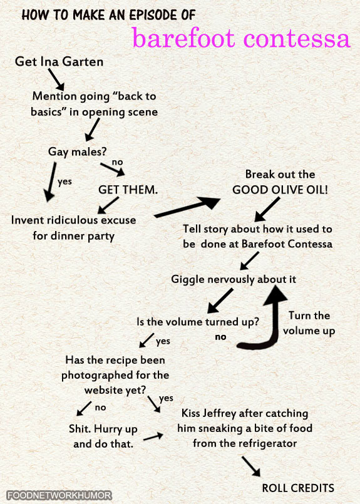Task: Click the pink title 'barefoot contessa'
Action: [x=241, y=38]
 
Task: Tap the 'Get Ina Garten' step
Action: [x=59, y=61]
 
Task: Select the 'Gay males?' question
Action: [x=77, y=152]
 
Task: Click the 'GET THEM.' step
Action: [x=128, y=190]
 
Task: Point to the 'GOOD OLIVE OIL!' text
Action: [x=280, y=190]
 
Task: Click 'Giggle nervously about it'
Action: [x=234, y=279]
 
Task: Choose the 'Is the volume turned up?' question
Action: [x=198, y=322]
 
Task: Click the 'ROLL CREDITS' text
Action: [x=298, y=488]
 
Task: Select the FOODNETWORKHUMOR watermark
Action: [x=59, y=495]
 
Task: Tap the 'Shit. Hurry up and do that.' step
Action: [x=103, y=436]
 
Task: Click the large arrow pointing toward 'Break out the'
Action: [x=187, y=207]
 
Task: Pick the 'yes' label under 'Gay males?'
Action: [x=64, y=182]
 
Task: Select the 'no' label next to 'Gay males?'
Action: [x=117, y=162]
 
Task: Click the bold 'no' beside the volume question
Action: [x=220, y=337]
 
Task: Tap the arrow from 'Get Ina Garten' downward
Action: [x=56, y=80]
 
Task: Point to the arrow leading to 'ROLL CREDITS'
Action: [x=251, y=466]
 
